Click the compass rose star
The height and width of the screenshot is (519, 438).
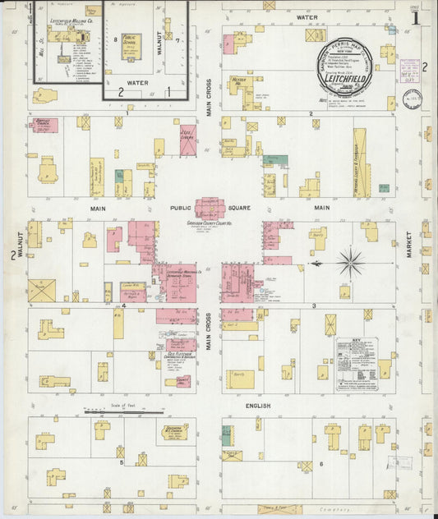click(x=351, y=264)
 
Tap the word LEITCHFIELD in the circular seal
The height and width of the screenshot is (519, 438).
click(x=345, y=68)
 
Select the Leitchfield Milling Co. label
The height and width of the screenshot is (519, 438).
click(x=70, y=21)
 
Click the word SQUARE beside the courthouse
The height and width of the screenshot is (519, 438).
click(x=238, y=209)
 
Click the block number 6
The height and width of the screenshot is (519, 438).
click(x=321, y=464)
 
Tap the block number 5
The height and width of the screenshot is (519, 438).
click(x=121, y=462)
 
